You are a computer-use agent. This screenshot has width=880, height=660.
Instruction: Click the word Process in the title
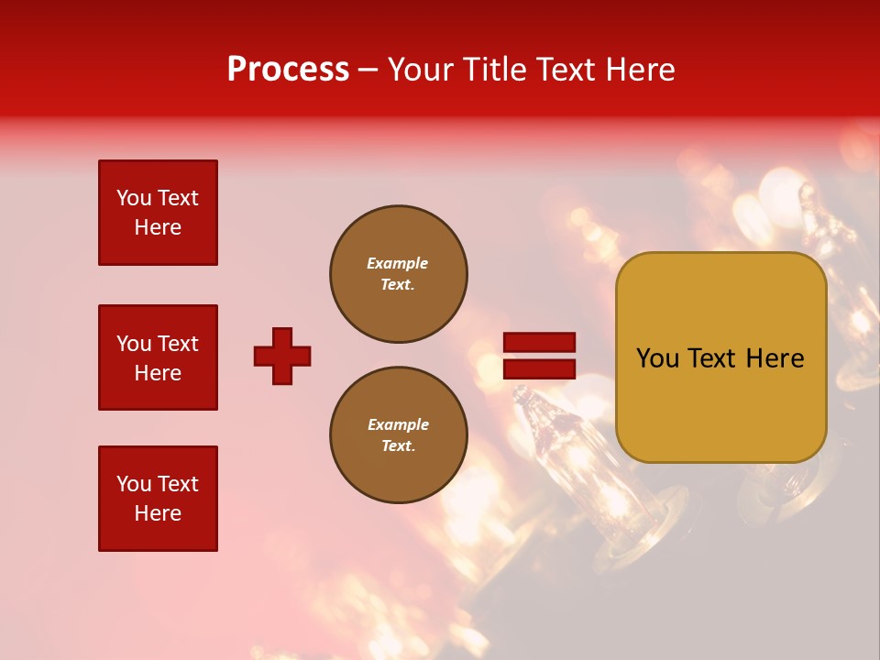[x=288, y=70]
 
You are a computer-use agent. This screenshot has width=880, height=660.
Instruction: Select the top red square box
[x=158, y=213]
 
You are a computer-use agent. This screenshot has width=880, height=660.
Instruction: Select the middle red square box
[x=158, y=357]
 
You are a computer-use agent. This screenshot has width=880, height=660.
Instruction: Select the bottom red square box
[x=158, y=499]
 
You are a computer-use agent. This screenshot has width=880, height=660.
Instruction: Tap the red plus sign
[x=282, y=356]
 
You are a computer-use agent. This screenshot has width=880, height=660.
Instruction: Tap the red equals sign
[x=539, y=356]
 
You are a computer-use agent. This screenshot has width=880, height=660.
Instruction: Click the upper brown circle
[x=398, y=274]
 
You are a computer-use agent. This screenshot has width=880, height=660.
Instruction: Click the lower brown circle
[x=398, y=435]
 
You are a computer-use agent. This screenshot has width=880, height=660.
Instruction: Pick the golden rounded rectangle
[x=720, y=357]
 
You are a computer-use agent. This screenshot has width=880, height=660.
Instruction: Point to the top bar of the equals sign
[x=539, y=343]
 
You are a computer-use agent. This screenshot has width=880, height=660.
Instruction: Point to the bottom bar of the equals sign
[x=539, y=368]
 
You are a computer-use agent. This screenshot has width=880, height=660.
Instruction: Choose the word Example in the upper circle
[x=398, y=263]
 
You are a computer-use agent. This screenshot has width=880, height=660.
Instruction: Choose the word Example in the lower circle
[x=398, y=424]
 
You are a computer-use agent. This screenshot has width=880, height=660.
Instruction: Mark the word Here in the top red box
[x=158, y=227]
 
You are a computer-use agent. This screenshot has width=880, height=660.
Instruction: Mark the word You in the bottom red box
[x=133, y=484]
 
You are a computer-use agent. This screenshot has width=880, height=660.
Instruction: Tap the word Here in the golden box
[x=775, y=358]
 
